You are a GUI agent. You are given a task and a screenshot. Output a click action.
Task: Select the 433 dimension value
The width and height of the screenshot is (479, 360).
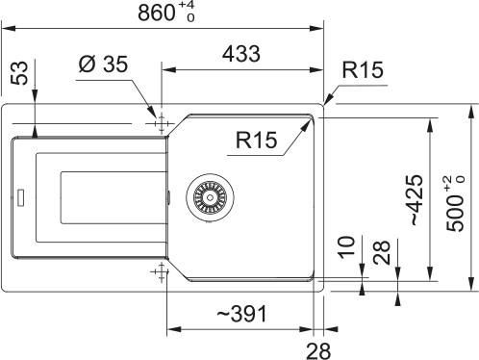point(243,56)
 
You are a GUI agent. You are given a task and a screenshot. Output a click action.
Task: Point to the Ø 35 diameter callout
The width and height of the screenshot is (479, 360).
point(101,66)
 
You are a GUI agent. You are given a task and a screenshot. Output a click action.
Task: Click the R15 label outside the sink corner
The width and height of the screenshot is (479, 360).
point(362,69)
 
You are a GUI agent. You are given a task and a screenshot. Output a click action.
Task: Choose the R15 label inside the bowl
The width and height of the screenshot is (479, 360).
point(255,141)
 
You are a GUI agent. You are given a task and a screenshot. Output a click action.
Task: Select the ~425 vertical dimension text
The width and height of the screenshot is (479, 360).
point(413,201)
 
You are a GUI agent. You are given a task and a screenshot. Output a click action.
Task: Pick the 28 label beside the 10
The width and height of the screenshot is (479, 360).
point(380,255)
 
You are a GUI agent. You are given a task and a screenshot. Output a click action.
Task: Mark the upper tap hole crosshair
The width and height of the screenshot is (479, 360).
point(160,123)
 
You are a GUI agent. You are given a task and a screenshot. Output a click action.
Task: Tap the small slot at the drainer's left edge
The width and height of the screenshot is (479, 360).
point(18,200)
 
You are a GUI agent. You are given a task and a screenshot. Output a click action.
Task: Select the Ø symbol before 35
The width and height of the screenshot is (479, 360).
point(84,66)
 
